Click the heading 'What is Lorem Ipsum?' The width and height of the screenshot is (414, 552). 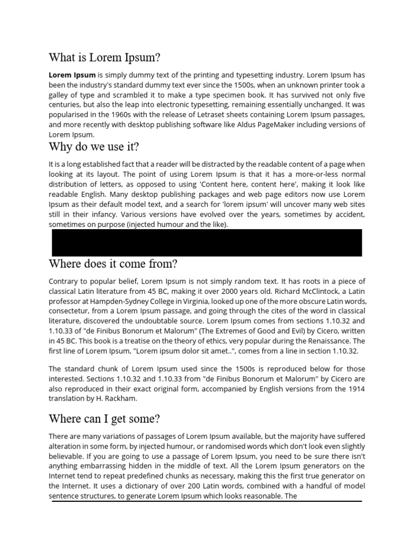click(105, 57)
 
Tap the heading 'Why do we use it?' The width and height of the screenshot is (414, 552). click(94, 147)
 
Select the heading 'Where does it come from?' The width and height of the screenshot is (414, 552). click(113, 264)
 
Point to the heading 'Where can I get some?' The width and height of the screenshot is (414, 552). click(105, 418)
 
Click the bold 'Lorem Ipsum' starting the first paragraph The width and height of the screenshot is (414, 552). click(72, 75)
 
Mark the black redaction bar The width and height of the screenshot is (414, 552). click(206, 242)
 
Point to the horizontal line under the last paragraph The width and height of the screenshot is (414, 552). click(206, 501)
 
